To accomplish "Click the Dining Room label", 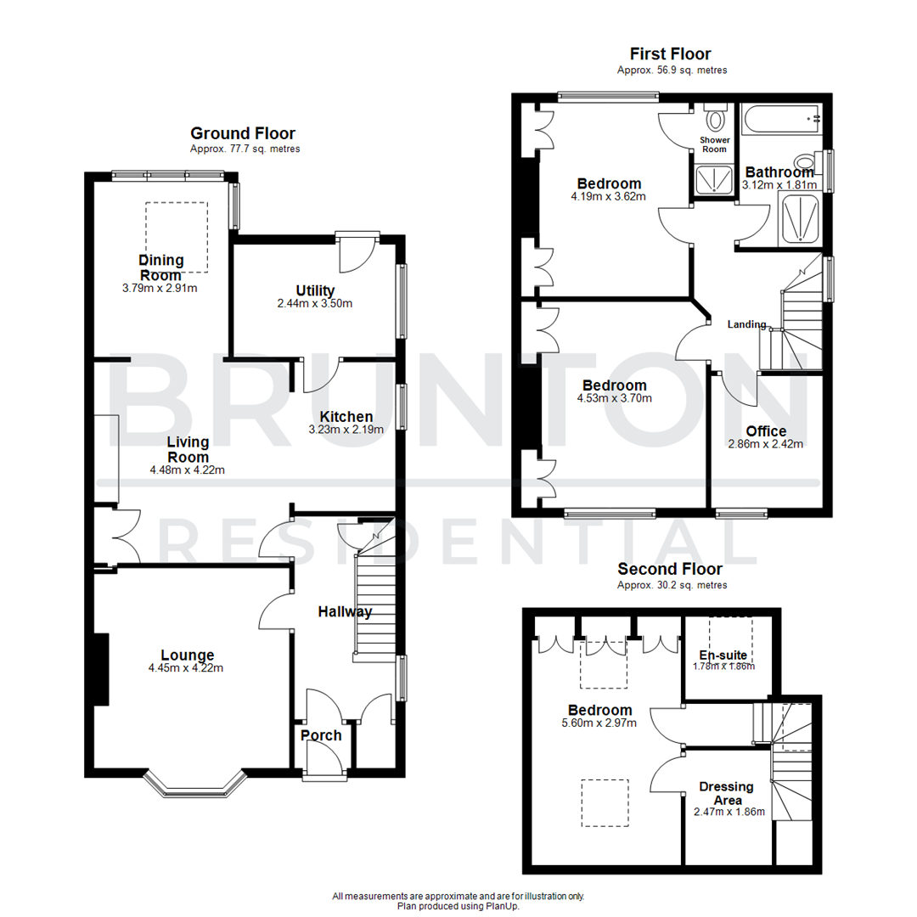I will click(x=160, y=267).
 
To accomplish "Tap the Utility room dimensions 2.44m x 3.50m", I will click(x=315, y=303).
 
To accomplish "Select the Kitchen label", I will click(x=346, y=416).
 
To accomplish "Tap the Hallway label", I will click(x=345, y=611).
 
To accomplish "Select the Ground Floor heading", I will click(x=243, y=133).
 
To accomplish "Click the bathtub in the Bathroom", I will click(x=780, y=119).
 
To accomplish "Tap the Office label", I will click(x=767, y=431).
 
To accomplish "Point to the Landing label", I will click(x=747, y=324).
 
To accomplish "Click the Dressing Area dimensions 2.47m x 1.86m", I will click(x=729, y=812).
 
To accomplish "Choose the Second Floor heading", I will click(x=670, y=569).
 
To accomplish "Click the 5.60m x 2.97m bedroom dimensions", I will click(x=599, y=723).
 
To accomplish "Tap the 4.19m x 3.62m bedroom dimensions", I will click(x=609, y=196).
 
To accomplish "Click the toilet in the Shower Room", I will click(x=716, y=117).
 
